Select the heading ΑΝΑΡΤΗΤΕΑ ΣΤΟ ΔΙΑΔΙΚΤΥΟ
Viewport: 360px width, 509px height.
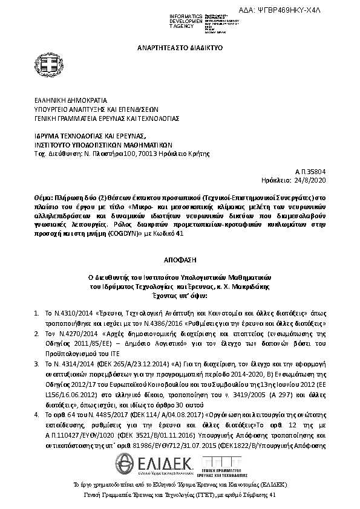point(180,47)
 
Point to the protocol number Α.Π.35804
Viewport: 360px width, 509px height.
point(312,172)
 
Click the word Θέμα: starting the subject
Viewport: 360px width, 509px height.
point(45,197)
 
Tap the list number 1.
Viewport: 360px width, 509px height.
point(36,315)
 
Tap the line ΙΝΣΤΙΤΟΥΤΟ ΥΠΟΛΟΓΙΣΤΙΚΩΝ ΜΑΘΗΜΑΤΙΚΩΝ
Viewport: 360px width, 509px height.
point(103,145)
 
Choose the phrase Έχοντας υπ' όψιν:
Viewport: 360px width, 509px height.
point(180,296)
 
